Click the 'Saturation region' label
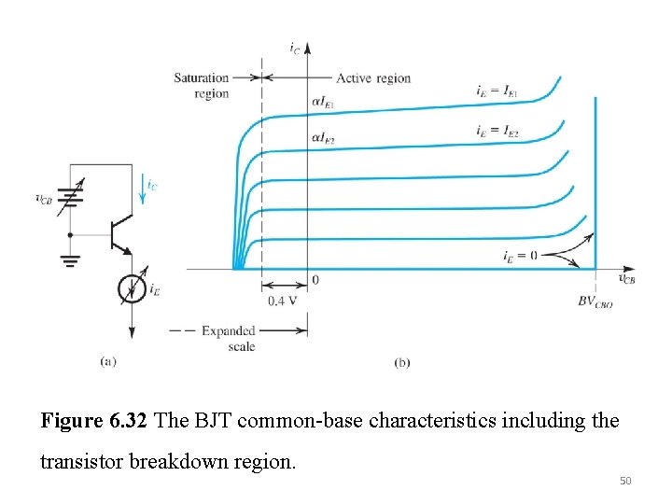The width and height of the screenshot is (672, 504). (201, 85)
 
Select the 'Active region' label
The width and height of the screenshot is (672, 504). (373, 78)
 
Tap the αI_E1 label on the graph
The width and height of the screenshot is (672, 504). (323, 103)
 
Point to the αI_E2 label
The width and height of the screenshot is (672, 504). (323, 138)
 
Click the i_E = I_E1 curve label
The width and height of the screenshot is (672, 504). (497, 91)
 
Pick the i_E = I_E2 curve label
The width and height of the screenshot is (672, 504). (497, 131)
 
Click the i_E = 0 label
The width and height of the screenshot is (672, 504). (520, 256)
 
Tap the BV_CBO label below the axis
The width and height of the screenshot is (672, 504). (595, 301)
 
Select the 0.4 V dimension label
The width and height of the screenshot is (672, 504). (282, 301)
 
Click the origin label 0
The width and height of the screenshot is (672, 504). (315, 280)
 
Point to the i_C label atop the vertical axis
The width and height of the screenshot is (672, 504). (294, 48)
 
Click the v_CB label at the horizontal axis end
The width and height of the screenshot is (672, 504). (626, 278)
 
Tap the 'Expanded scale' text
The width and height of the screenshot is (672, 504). (229, 338)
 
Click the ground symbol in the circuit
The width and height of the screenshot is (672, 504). (70, 260)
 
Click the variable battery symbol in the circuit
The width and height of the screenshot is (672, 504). (70, 197)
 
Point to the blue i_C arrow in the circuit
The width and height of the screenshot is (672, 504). (142, 189)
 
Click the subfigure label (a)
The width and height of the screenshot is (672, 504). (108, 361)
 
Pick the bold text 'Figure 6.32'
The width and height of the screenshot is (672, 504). (94, 420)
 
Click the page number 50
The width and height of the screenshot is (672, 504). (625, 481)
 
